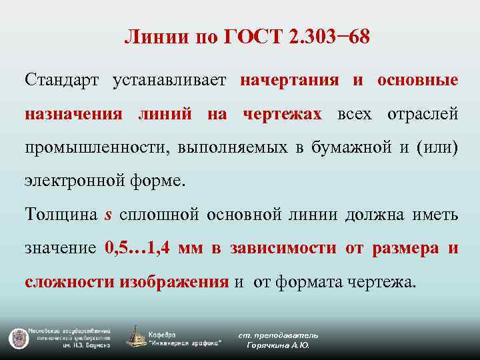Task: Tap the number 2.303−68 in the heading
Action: click(329, 37)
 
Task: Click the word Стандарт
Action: click(62, 81)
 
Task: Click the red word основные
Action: click(417, 81)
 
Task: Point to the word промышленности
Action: click(93, 147)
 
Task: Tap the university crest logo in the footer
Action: click(17, 337)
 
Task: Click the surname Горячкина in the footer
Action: click(268, 345)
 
